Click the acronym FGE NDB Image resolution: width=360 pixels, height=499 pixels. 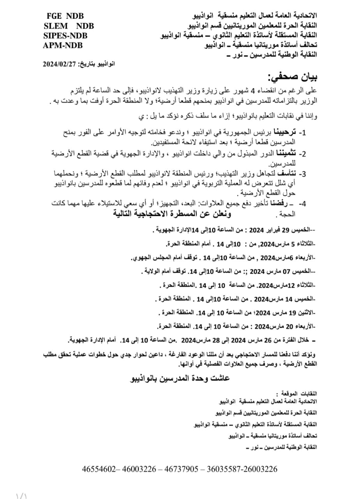[65, 16]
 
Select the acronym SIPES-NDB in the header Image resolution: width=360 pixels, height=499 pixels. [65, 35]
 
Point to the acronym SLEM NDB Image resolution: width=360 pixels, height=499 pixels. [69, 26]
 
